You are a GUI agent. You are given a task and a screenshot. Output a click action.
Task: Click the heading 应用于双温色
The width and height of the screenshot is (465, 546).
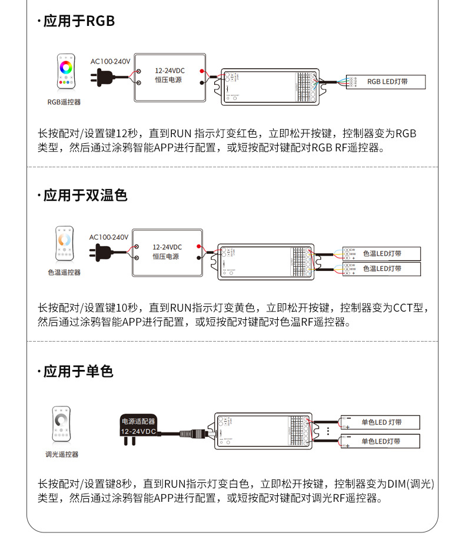point(85,196)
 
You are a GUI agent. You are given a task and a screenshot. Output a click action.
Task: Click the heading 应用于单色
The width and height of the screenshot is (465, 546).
point(78,372)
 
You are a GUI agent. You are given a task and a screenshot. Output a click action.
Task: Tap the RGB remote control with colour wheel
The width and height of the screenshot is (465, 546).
point(65,72)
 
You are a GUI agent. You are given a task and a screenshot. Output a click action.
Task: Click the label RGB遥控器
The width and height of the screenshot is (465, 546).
point(64,102)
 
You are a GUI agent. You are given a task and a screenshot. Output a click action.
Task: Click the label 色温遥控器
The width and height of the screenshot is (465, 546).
point(64,273)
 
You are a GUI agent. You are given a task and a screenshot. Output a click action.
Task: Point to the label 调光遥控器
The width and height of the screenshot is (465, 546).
point(62,455)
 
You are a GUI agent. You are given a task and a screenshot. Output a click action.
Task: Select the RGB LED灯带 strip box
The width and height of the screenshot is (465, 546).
point(386,81)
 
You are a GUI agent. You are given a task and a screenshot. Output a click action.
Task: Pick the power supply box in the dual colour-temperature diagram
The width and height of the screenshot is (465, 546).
point(167,252)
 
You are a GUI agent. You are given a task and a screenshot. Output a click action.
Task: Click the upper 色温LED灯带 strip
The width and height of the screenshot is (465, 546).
point(381,253)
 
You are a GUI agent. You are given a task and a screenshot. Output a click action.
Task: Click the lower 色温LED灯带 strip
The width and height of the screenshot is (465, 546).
point(381,269)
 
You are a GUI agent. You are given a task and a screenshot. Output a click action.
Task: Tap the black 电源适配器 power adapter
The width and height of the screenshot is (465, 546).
point(139,428)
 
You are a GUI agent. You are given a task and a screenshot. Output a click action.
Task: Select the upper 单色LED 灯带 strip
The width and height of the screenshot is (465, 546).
point(380,422)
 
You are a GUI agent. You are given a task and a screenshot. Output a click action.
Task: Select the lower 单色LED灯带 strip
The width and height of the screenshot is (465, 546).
point(380,441)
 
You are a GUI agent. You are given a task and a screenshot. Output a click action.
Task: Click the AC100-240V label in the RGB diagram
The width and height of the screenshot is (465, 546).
point(110,61)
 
